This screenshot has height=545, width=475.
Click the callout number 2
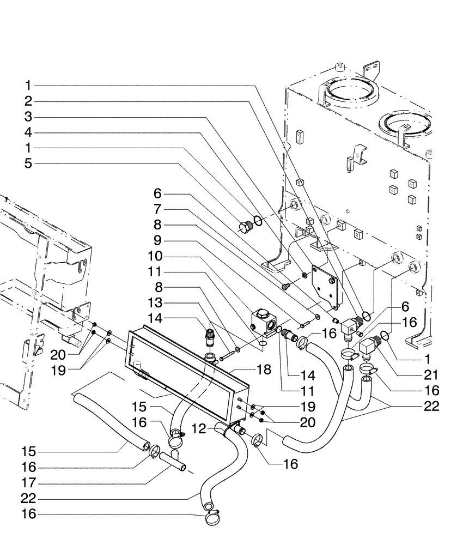coord(28,101)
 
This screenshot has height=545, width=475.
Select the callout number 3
coord(28,117)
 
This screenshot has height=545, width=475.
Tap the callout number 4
coord(28,132)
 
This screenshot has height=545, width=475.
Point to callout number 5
coord(28,163)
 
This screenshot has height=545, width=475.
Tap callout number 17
coord(28,483)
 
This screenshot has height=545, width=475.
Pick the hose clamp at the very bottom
coord(211,519)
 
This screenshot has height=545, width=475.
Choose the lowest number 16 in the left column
coord(28,513)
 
